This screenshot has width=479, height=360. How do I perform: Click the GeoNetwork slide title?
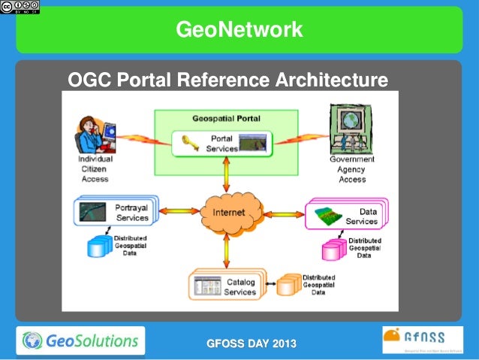(239, 29)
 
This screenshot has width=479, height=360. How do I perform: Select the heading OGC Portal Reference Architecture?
(227, 80)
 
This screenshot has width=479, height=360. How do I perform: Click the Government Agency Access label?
(352, 169)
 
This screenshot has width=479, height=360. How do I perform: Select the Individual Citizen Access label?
(95, 169)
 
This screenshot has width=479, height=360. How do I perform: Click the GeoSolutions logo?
(80, 340)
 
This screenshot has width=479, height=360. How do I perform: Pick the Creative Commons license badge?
(20, 7)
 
